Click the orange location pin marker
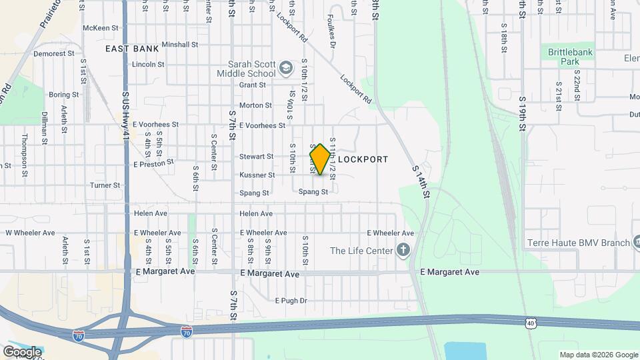click(x=320, y=159)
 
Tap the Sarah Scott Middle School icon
click(x=286, y=67)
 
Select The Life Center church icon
click(x=403, y=251)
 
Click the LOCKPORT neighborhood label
click(x=363, y=160)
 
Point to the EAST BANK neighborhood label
click(x=132, y=49)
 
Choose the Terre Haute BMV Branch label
click(x=577, y=243)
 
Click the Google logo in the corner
click(x=22, y=352)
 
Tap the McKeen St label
click(x=100, y=28)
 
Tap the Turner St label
click(x=105, y=185)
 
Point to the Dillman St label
click(x=44, y=128)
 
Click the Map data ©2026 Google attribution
click(x=598, y=355)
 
